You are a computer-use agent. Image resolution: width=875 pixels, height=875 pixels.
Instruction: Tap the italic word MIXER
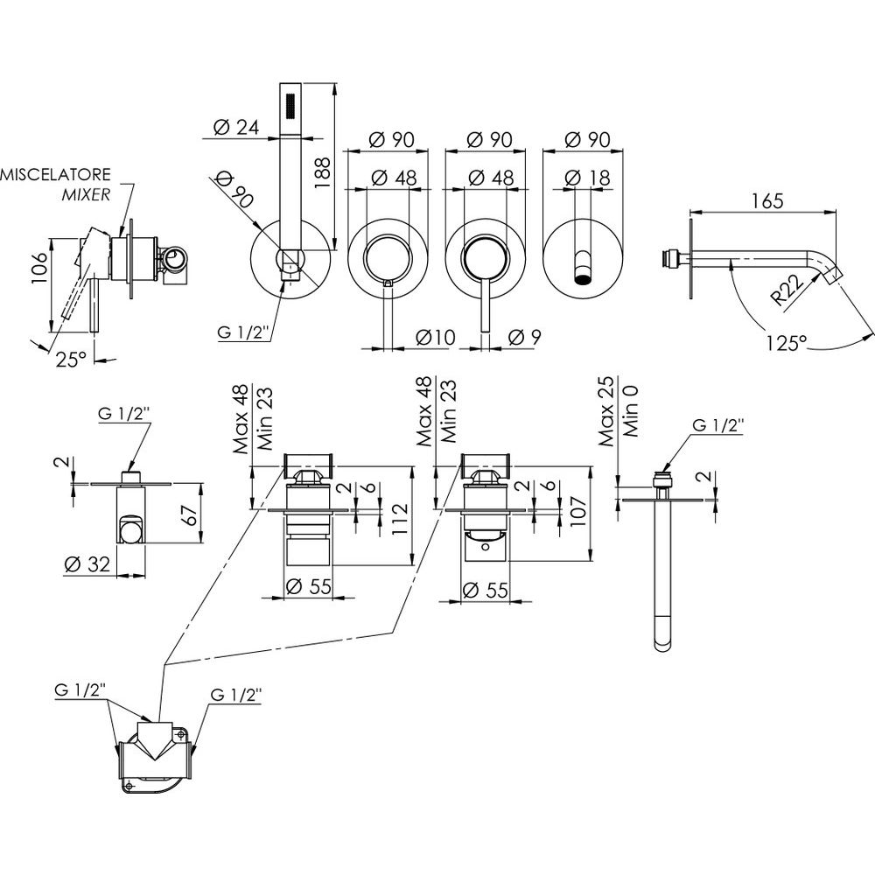pyautogui.click(x=86, y=193)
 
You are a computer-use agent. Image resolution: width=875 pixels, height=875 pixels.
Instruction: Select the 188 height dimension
pyautogui.click(x=321, y=171)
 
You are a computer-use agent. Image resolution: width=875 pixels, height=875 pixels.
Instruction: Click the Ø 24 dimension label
pyautogui.click(x=235, y=127)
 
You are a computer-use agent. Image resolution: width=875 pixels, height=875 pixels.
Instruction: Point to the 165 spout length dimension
pyautogui.click(x=766, y=200)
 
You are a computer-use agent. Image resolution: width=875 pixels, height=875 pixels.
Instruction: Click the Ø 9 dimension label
pyautogui.click(x=522, y=337)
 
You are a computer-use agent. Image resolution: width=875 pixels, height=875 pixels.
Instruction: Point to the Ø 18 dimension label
pyautogui.click(x=585, y=177)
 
